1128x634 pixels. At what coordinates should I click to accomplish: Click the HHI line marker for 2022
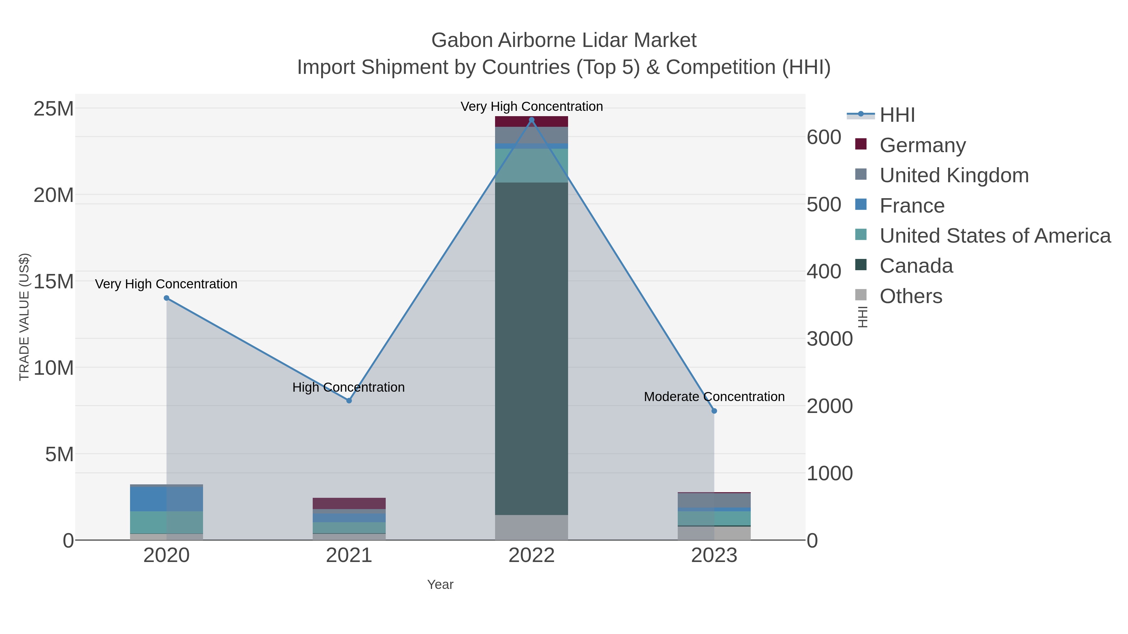532,120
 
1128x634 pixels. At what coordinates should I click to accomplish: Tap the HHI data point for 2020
166,298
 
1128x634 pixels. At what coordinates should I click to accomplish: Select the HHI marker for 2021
349,400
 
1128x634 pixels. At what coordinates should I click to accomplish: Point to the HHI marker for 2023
714,411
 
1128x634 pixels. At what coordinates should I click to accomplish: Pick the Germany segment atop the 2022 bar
532,122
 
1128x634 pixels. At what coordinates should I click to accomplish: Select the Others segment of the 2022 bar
532,527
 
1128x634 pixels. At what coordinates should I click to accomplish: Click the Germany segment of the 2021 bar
349,503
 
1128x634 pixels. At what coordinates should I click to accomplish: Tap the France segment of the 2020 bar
166,499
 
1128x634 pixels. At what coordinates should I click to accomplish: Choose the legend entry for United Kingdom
954,175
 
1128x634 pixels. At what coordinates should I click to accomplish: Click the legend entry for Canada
916,266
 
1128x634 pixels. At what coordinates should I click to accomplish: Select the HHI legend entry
897,115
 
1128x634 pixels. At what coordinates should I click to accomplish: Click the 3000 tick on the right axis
829,339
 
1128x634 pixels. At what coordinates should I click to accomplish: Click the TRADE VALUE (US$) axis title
24,317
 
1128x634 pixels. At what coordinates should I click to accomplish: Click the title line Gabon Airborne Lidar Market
564,40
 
